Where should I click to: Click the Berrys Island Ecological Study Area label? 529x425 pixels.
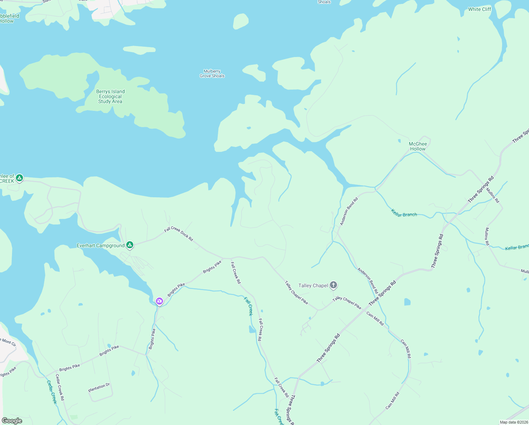click(x=110, y=96)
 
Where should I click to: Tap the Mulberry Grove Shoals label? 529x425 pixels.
click(x=212, y=74)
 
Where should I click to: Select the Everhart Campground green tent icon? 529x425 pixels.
click(x=130, y=245)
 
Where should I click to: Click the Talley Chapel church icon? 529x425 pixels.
click(x=333, y=285)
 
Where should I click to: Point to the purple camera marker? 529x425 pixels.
click(x=159, y=301)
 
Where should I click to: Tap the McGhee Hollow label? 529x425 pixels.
click(x=418, y=146)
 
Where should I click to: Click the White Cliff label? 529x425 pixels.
click(x=479, y=9)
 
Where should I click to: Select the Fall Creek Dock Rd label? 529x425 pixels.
click(x=179, y=234)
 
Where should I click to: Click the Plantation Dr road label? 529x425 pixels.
click(x=99, y=387)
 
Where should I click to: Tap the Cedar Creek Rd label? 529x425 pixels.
click(x=60, y=387)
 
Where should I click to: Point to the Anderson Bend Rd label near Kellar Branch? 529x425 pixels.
click(x=349, y=211)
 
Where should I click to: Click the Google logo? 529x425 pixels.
click(x=12, y=421)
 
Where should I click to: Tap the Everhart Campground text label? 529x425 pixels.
click(x=101, y=245)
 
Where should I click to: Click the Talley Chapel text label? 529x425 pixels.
click(x=313, y=285)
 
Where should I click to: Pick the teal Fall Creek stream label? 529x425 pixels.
click(x=249, y=306)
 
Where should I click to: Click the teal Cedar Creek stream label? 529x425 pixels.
click(x=52, y=392)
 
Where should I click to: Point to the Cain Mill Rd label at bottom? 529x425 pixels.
click(x=393, y=401)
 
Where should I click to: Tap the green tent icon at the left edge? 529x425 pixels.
click(x=19, y=177)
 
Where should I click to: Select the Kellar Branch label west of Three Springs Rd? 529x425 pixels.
click(x=404, y=213)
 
